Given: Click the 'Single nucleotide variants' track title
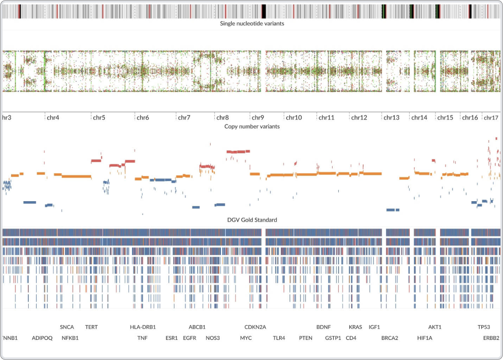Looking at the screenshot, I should pos(251,24).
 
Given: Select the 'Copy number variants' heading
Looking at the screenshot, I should pos(251,127).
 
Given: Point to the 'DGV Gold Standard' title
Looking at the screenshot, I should pos(251,220).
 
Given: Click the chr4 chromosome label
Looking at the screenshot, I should pos(53,118).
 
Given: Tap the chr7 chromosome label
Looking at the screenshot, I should pos(184,118).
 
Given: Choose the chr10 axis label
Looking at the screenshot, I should pos(294,118).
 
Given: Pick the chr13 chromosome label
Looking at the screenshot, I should pos(391,118).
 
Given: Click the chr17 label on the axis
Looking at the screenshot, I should pos(491,118).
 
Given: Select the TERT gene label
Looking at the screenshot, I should pos(91,327).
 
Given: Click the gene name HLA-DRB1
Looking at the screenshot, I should pos(143,327).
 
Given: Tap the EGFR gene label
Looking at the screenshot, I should pos(190,338).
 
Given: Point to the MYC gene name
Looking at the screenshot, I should pos(246,338).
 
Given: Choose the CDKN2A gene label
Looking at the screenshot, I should pos(255,327).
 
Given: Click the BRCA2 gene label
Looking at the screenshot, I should pos(390,338).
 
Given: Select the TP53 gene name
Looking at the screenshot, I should pos(484,327).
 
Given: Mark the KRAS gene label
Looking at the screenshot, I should pos(355,327).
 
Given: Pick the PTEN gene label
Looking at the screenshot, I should pos(305,338).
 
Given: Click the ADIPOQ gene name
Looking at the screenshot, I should pos(42,338).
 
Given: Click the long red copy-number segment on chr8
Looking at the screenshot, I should pos(238,151).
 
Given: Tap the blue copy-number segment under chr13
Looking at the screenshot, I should pos(393,210).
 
